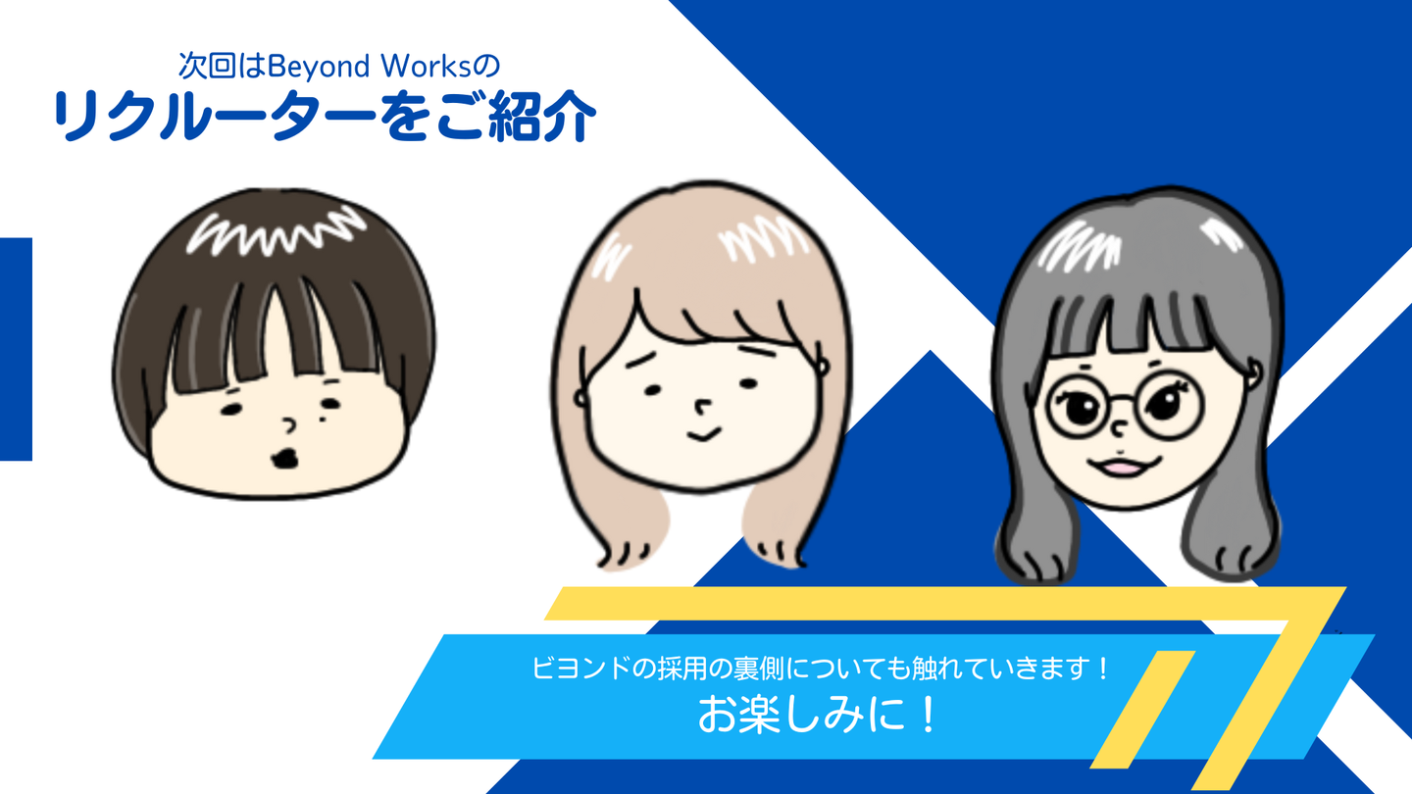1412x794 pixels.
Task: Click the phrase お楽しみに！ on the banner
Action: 817,716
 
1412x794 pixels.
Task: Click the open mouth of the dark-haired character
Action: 285,458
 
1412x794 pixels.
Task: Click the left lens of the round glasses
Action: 1080,407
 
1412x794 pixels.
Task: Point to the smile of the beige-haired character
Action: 703,434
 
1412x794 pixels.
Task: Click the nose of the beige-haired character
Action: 702,408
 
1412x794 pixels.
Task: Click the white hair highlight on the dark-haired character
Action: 276,232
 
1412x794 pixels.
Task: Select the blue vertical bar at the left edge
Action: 16,349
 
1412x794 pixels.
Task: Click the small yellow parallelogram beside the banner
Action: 1142,710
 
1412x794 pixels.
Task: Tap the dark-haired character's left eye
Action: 230,410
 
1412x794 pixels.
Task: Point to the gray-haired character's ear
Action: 1252,373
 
